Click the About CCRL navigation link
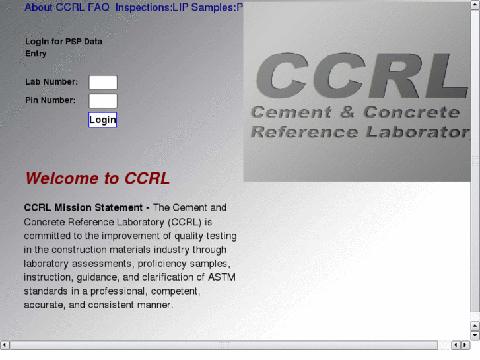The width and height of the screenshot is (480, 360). [54, 7]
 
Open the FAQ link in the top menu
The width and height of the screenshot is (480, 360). [98, 7]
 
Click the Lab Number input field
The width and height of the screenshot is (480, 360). [103, 83]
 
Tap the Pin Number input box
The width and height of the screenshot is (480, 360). [103, 101]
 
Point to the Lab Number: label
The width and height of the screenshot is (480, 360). [51, 82]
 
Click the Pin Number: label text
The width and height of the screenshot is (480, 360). [50, 100]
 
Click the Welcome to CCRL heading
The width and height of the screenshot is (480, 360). [97, 178]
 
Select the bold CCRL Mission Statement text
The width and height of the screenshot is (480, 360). [83, 207]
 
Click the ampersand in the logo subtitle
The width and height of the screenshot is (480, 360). [347, 112]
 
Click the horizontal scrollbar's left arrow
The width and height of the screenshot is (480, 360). [5, 345]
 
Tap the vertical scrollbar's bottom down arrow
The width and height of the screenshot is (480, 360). [475, 334]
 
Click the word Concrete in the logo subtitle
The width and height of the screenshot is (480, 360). [411, 112]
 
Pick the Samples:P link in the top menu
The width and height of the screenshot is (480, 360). [217, 7]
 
